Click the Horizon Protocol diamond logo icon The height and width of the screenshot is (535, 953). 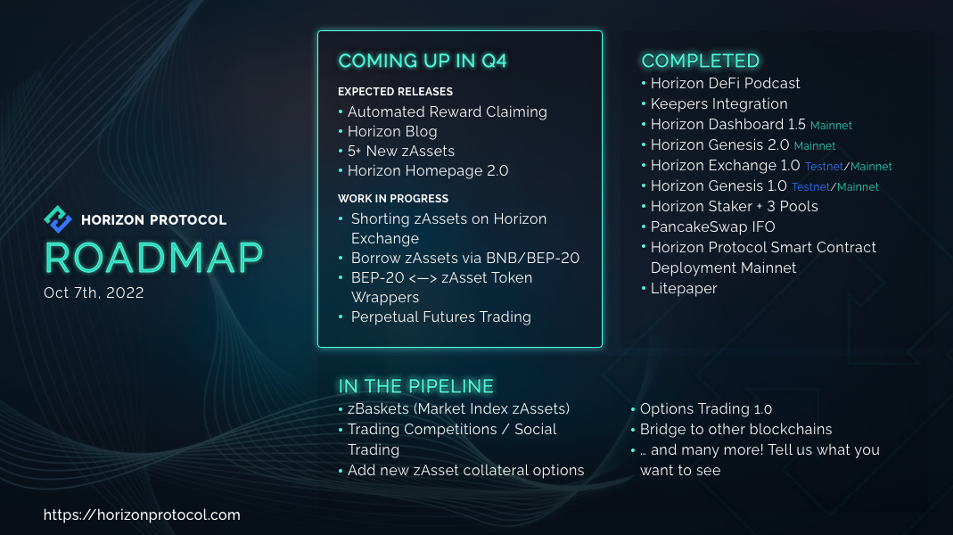click(x=58, y=219)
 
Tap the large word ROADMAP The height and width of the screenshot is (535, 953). click(x=153, y=258)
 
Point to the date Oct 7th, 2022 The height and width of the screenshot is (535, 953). click(x=94, y=293)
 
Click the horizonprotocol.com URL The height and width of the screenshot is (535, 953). click(x=142, y=515)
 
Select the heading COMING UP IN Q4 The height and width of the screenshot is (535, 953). click(x=423, y=61)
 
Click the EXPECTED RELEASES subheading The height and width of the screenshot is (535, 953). click(x=395, y=92)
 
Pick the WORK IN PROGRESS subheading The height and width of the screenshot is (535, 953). click(x=392, y=199)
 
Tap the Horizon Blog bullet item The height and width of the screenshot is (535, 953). click(x=392, y=131)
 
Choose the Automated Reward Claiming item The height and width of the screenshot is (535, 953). click(x=448, y=111)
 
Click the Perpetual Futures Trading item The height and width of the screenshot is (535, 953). click(x=440, y=317)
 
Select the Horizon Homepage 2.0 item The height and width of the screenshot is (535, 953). click(x=428, y=171)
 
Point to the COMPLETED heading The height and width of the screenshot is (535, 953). click(x=700, y=61)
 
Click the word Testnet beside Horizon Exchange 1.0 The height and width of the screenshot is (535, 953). click(x=824, y=167)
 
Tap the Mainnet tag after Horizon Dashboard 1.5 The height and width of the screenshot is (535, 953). click(x=831, y=126)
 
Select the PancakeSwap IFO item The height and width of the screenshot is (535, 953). click(x=713, y=226)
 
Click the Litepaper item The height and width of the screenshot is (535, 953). click(x=684, y=289)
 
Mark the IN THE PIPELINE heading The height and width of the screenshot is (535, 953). click(x=415, y=386)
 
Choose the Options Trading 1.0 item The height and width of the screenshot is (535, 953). click(x=706, y=409)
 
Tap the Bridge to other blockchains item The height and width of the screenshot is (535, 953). click(x=736, y=429)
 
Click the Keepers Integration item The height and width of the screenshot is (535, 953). click(x=719, y=104)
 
